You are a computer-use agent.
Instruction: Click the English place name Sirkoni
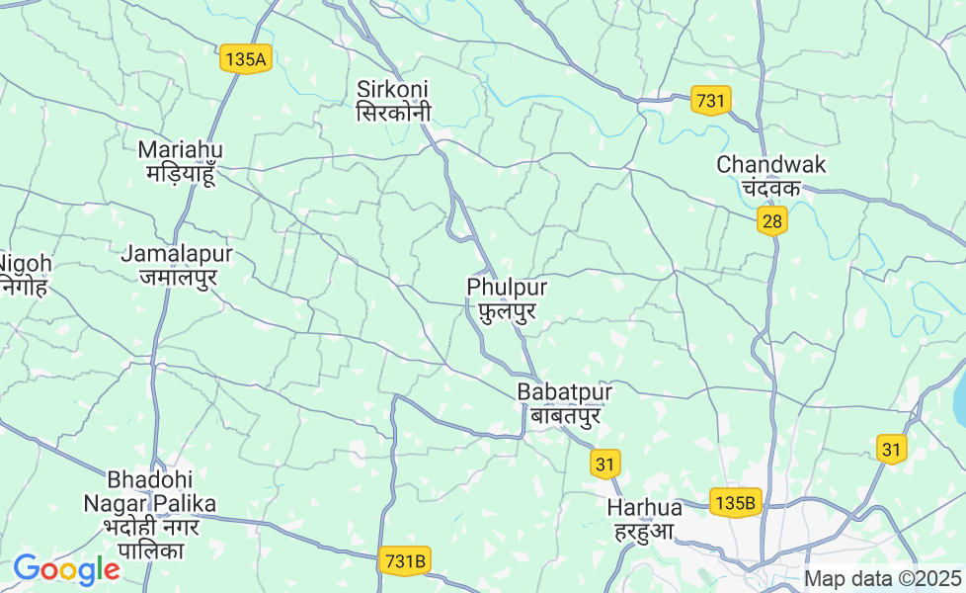point(393,89)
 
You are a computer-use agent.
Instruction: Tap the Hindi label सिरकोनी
point(393,112)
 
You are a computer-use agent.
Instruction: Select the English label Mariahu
point(181,149)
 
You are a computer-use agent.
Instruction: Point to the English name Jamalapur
point(177,254)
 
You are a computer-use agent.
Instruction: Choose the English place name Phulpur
point(507,287)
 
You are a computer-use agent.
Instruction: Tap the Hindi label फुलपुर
point(507,311)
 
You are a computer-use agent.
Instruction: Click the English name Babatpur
point(565,392)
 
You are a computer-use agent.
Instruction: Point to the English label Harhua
point(645,507)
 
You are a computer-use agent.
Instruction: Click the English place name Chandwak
point(771,164)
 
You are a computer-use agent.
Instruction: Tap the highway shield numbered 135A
point(245,59)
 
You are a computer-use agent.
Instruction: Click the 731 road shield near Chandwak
point(711,101)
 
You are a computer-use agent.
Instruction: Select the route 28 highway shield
point(772,221)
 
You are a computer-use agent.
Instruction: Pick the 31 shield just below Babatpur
point(606,463)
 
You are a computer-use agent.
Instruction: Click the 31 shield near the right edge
point(892,450)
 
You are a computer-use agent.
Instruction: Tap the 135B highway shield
point(736,502)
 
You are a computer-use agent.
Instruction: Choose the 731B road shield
point(406,561)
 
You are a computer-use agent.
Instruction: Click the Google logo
point(66,570)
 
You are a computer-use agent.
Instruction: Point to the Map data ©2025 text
point(883,578)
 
